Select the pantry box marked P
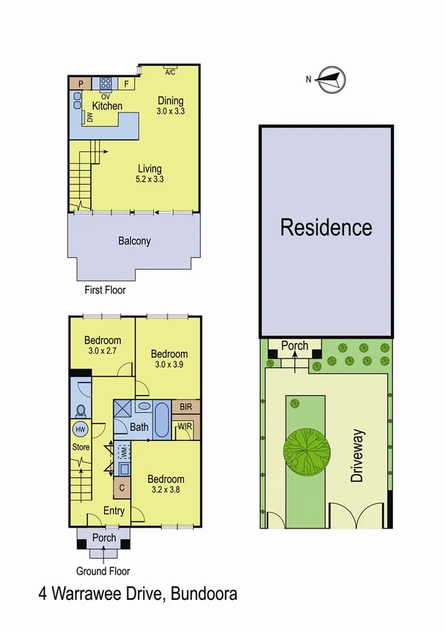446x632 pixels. [x=80, y=84]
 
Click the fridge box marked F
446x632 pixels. [x=127, y=84]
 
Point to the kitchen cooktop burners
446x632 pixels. [x=105, y=84]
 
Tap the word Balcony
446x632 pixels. [x=135, y=241]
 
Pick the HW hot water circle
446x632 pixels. [x=80, y=429]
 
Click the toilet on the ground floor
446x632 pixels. [x=80, y=410]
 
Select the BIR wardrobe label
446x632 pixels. [x=185, y=407]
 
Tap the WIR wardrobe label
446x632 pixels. [x=185, y=427]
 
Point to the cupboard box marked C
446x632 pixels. [x=121, y=488]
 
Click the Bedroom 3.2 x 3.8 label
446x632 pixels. [x=165, y=484]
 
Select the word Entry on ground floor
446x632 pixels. [x=114, y=511]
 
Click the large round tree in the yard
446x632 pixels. [x=306, y=449]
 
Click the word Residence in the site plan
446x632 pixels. [x=326, y=227]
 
